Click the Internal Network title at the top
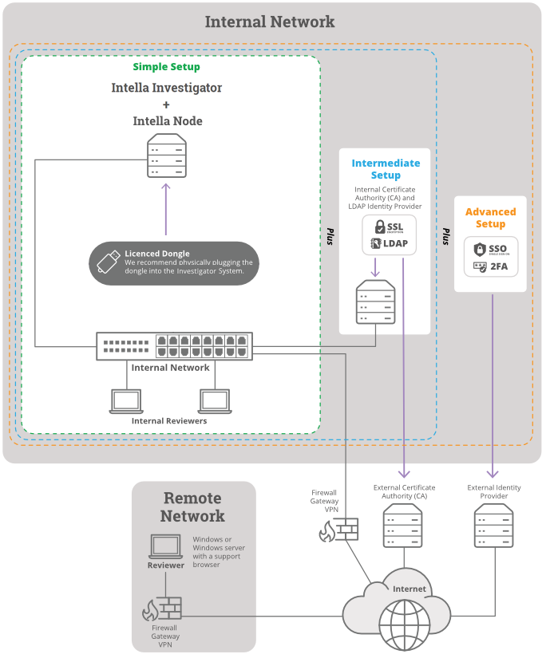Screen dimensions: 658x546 click(270, 22)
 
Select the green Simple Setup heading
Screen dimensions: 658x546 click(166, 67)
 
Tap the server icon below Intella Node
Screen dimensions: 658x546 click(167, 156)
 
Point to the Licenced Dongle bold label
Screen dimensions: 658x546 click(157, 254)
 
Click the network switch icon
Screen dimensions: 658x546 click(174, 346)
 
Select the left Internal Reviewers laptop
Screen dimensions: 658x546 click(125, 400)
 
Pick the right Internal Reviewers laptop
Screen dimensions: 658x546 click(214, 400)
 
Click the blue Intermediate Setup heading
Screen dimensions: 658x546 click(386, 169)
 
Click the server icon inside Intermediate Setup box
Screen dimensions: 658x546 click(375, 301)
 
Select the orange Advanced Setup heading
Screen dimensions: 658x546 click(490, 218)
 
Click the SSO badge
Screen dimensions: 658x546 click(490, 249)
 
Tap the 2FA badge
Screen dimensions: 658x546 click(490, 266)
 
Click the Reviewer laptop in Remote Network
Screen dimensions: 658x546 click(166, 546)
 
